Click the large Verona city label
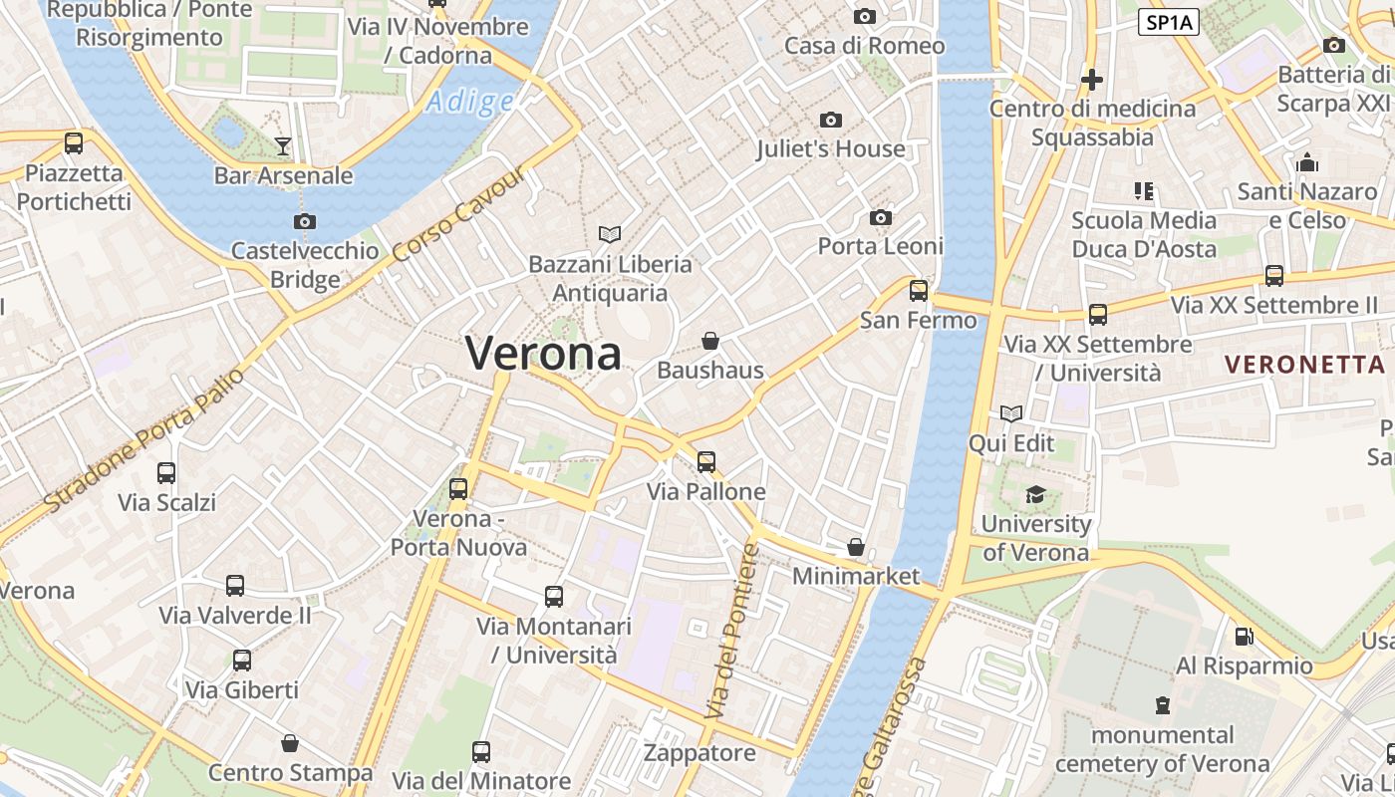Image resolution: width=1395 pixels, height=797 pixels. click(543, 353)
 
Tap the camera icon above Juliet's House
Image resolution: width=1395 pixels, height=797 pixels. click(830, 121)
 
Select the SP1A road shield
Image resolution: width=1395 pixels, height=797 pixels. click(1168, 23)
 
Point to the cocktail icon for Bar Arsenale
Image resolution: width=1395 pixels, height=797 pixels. click(283, 146)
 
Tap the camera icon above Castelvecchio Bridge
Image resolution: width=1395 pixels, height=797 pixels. click(305, 221)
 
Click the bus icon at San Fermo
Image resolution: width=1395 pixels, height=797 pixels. click(918, 291)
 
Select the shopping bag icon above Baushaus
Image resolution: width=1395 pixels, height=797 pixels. click(710, 342)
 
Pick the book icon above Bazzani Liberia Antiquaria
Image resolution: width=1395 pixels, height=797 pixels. click(610, 234)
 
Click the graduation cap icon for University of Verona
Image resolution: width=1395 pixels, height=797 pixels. click(1036, 494)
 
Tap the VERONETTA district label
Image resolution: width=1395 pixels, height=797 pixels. click(1304, 365)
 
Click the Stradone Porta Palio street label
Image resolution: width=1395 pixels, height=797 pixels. click(145, 440)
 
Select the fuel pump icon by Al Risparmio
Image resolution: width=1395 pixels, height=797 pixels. click(1244, 636)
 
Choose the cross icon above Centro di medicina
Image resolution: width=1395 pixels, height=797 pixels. click(1092, 80)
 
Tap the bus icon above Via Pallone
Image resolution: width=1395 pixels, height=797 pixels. click(705, 461)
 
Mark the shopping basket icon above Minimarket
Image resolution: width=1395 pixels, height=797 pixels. click(855, 547)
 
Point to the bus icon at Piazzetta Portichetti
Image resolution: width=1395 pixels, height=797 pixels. click(74, 143)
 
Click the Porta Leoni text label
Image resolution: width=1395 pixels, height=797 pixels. click(881, 245)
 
